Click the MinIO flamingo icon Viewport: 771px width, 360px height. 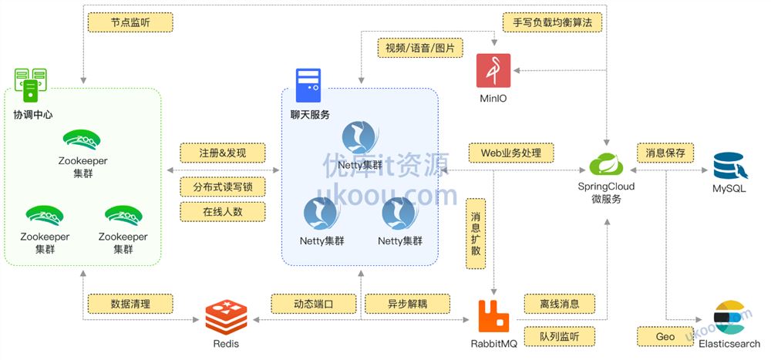(x=493, y=71)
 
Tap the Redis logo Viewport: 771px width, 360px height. (x=227, y=316)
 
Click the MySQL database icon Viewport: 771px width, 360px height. (x=729, y=167)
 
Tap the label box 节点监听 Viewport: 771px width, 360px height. (x=120, y=22)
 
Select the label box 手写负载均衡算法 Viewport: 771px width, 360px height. (x=552, y=22)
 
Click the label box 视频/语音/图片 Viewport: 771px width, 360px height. (x=420, y=48)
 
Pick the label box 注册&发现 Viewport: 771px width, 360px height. (x=222, y=153)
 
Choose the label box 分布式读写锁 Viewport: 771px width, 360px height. (x=222, y=187)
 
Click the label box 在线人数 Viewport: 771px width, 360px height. (x=222, y=211)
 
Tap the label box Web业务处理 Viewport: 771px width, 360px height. (x=511, y=153)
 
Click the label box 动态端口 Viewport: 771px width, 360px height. (x=313, y=304)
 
